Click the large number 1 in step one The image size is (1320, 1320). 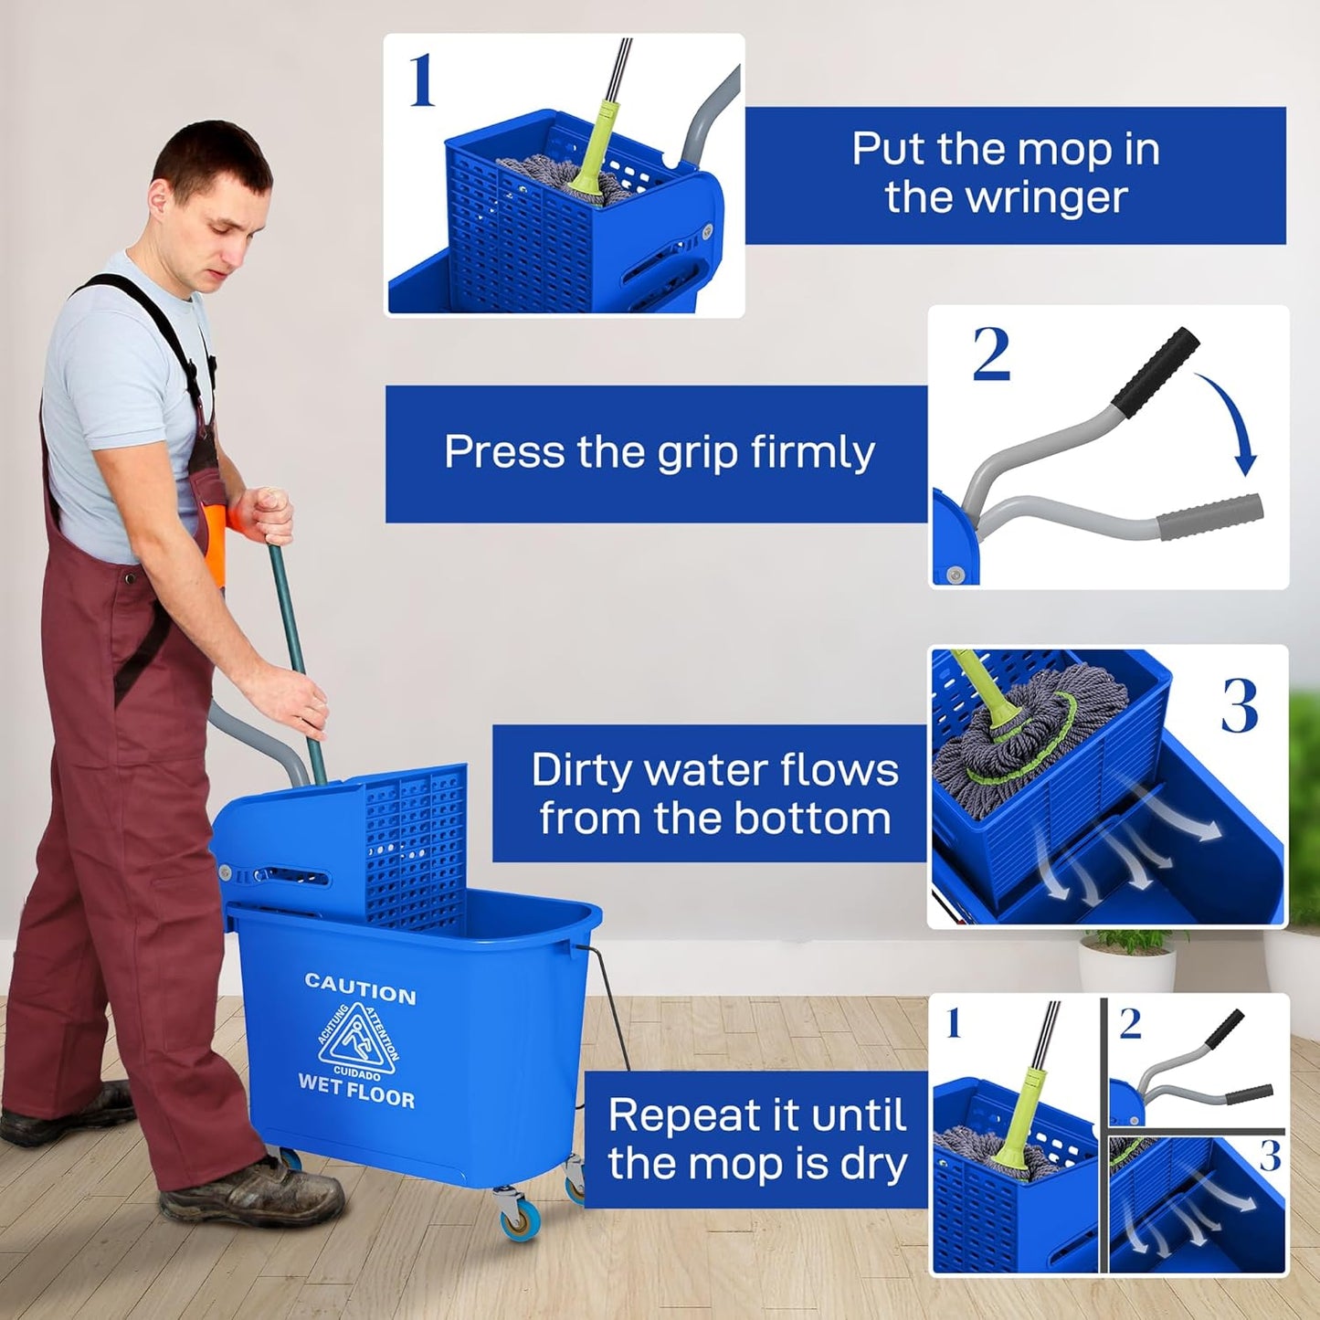421,80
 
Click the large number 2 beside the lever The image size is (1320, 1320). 991,354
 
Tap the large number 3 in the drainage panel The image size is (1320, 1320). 1240,706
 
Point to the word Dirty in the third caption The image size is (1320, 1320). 582,770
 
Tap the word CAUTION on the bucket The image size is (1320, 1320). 360,988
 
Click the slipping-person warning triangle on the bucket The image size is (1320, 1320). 357,1040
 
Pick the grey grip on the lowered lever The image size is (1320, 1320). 1210,518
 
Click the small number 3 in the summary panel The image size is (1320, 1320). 1270,1156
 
